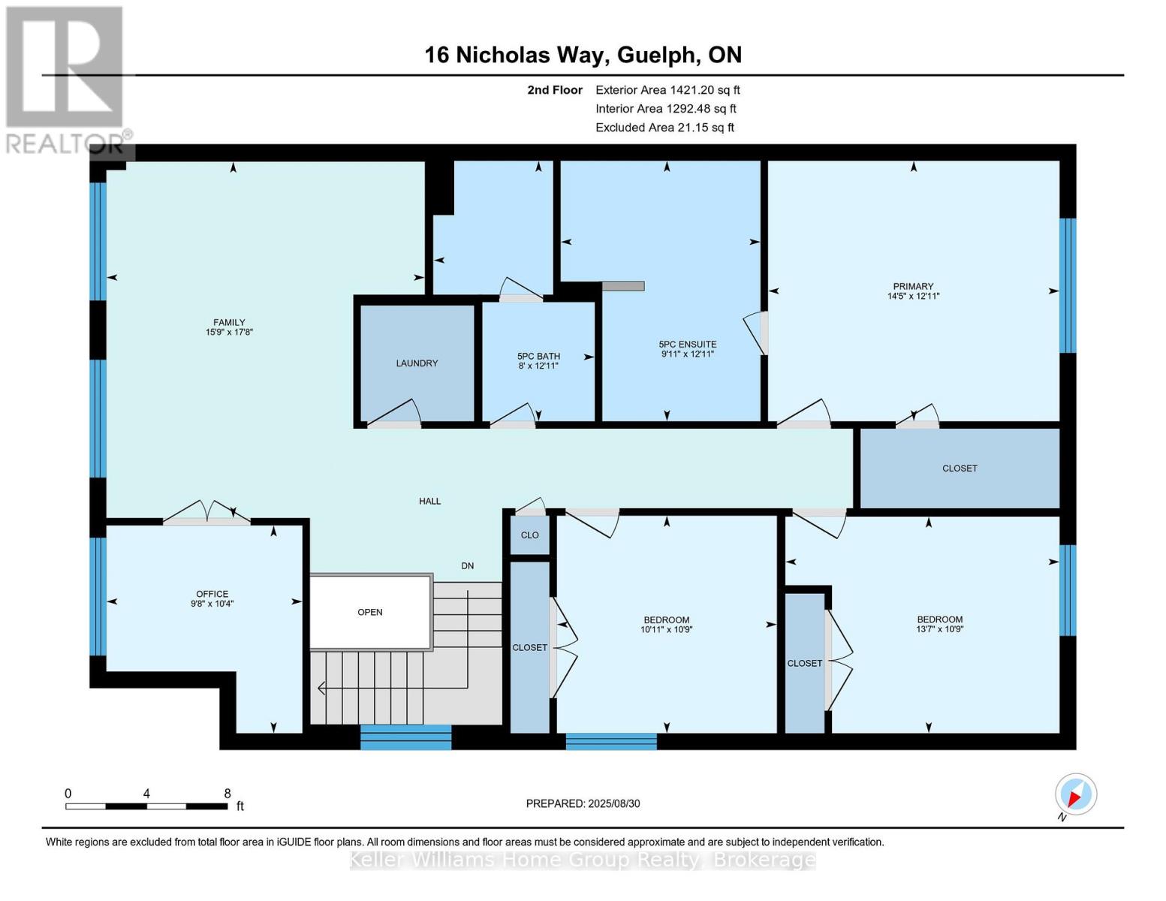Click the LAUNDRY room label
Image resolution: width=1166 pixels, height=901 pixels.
(x=417, y=363)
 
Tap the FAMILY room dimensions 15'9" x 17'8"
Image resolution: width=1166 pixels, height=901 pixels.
(x=229, y=332)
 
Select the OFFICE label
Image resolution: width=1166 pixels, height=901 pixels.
(x=212, y=594)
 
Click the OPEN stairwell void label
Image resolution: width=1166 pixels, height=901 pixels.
(x=370, y=612)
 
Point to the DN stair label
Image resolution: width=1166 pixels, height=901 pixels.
(x=467, y=565)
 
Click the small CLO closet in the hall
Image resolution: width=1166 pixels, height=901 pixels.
(x=529, y=535)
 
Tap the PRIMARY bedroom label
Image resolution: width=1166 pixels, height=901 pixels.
(x=913, y=286)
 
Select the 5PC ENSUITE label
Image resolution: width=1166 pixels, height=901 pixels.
(x=687, y=345)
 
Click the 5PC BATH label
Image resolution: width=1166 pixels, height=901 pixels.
(x=538, y=357)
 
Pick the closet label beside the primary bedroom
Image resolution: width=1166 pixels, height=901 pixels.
(x=960, y=469)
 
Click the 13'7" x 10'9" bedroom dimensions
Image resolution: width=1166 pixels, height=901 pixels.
(x=939, y=629)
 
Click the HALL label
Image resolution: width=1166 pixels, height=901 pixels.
(x=429, y=501)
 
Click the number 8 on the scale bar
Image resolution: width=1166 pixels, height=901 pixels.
(x=227, y=794)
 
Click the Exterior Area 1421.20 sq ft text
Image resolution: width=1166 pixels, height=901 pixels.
(x=667, y=90)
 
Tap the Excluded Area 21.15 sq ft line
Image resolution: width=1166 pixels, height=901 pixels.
(x=664, y=128)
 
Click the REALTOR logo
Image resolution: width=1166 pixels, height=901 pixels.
(x=66, y=79)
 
